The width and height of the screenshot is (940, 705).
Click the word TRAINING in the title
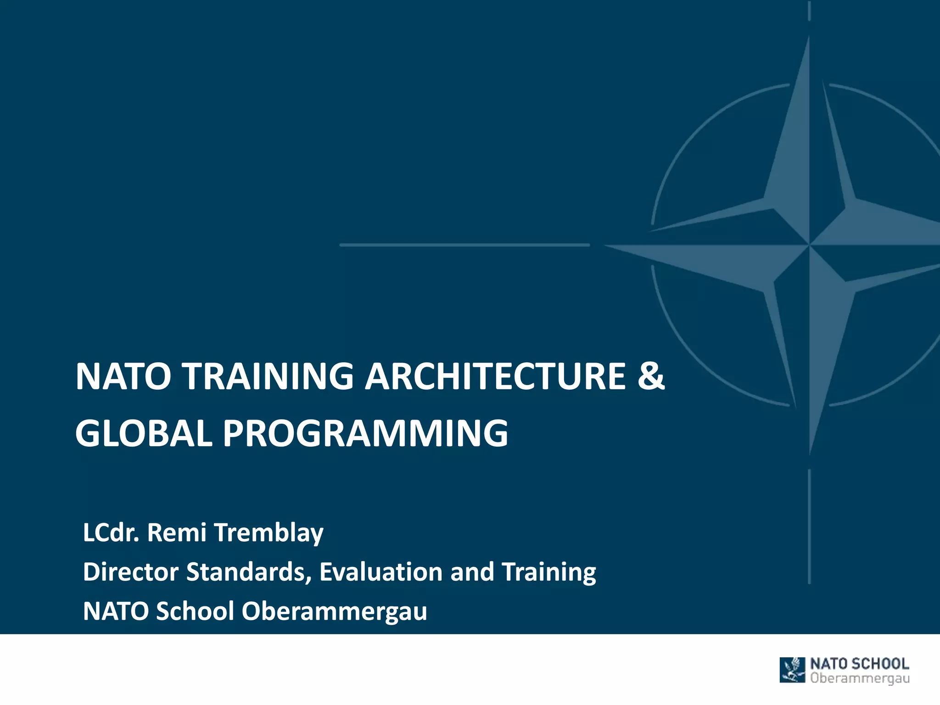268,376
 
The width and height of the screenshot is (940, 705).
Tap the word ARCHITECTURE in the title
495,376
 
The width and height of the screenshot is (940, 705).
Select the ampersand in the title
650,376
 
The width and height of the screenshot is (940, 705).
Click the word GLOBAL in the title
144,433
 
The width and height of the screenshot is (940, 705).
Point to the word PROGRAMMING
365,433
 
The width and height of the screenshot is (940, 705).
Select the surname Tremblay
269,533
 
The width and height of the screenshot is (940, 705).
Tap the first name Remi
176,532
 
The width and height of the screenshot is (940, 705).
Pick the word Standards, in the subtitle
248,572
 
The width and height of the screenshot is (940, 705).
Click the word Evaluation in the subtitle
380,572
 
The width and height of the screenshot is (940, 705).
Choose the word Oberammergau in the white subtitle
334,611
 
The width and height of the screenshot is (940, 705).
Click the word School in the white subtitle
195,611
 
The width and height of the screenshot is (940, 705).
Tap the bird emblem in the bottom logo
793,670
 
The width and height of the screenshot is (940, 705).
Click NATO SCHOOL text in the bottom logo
859,664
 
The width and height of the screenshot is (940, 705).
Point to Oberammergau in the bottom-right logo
860,678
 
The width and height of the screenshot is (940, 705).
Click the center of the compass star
809,245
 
